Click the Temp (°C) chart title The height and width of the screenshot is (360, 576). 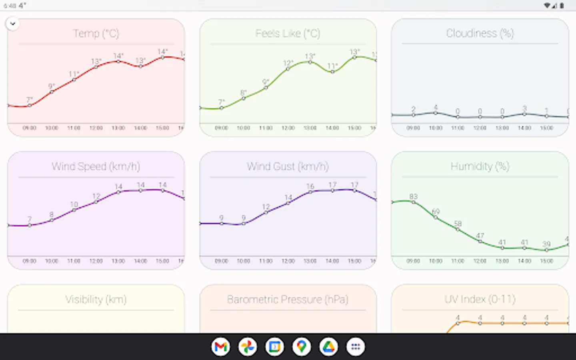tap(96, 34)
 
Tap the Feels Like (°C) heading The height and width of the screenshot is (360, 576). tap(288, 34)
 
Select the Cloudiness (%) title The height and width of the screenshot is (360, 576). tap(480, 33)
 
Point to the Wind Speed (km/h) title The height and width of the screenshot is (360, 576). tap(96, 166)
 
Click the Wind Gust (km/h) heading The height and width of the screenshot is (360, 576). tap(288, 166)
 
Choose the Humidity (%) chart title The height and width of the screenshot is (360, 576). tap(480, 166)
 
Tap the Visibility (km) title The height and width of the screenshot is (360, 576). tap(96, 300)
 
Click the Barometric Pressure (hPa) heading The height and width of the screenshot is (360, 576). tap(288, 300)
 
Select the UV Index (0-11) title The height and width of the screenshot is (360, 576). tap(480, 299)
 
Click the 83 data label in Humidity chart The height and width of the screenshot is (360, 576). tap(413, 196)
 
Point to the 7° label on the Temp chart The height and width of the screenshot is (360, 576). tap(30, 100)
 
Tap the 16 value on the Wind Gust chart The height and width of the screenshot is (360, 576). tap(310, 186)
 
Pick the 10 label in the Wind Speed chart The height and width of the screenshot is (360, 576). tap(74, 204)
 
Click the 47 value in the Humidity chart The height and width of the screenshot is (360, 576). tap(480, 236)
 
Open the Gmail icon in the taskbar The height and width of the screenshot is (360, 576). tap(221, 347)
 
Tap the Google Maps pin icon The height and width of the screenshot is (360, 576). tap(302, 347)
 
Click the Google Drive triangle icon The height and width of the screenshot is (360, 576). tap(328, 347)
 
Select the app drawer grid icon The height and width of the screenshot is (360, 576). tap(356, 347)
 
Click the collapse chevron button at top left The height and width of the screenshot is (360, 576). tap(13, 24)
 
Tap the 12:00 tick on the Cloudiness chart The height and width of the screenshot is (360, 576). tap(480, 128)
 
